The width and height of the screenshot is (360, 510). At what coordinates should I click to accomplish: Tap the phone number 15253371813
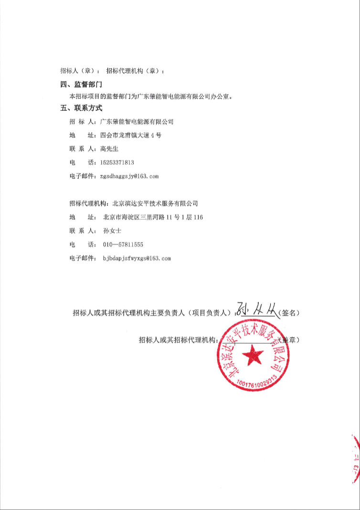click(x=117, y=162)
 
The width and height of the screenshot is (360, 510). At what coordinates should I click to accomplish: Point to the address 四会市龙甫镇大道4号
click(x=131, y=135)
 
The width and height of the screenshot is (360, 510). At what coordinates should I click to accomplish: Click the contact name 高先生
click(x=109, y=149)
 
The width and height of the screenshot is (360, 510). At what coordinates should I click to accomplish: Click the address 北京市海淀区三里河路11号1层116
click(x=153, y=217)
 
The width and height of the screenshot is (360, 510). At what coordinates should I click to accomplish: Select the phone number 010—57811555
click(x=123, y=244)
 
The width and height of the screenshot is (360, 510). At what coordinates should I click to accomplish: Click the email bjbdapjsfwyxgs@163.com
click(x=137, y=258)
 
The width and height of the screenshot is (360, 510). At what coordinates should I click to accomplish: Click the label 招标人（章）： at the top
click(x=80, y=71)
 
